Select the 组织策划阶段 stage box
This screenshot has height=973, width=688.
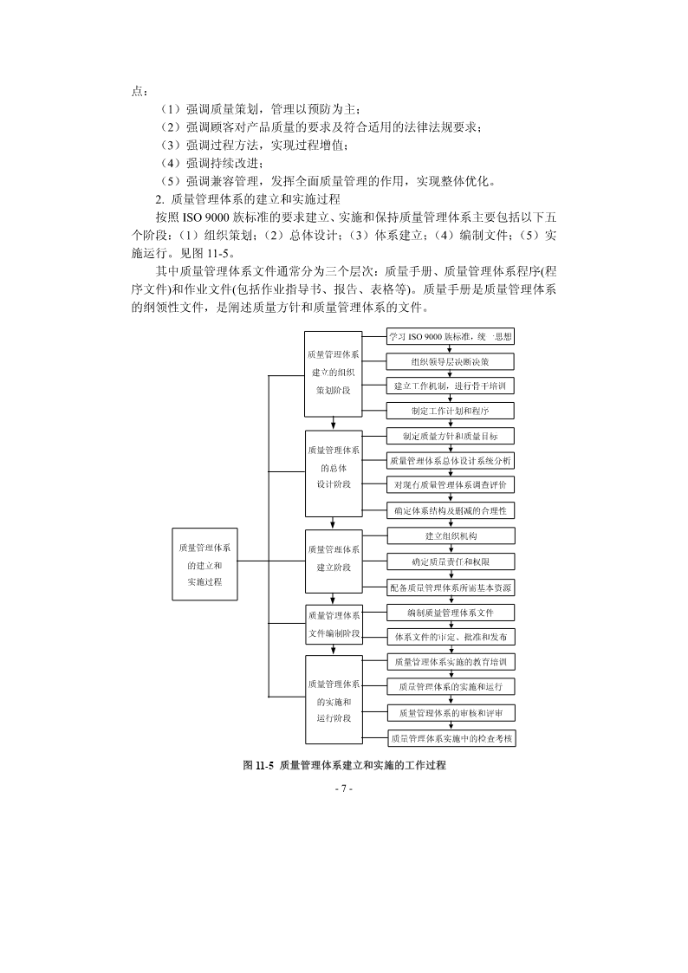333,372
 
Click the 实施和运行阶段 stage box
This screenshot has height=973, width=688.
333,700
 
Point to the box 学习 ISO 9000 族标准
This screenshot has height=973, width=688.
450,336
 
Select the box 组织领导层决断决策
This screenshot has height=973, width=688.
450,361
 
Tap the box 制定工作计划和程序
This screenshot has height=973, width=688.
450,410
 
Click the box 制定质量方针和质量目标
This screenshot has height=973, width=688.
450,436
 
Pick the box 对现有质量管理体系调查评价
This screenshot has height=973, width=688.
450,484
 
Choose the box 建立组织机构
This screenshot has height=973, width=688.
450,535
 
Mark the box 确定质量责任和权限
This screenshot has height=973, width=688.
450,561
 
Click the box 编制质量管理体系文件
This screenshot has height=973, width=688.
450,613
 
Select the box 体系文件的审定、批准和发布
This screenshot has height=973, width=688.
450,637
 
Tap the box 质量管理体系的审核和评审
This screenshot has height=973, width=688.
450,713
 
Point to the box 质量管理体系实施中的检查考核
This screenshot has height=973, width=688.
450,738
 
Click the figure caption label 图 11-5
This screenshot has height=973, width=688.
258,766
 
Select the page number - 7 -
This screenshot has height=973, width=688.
343,789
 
